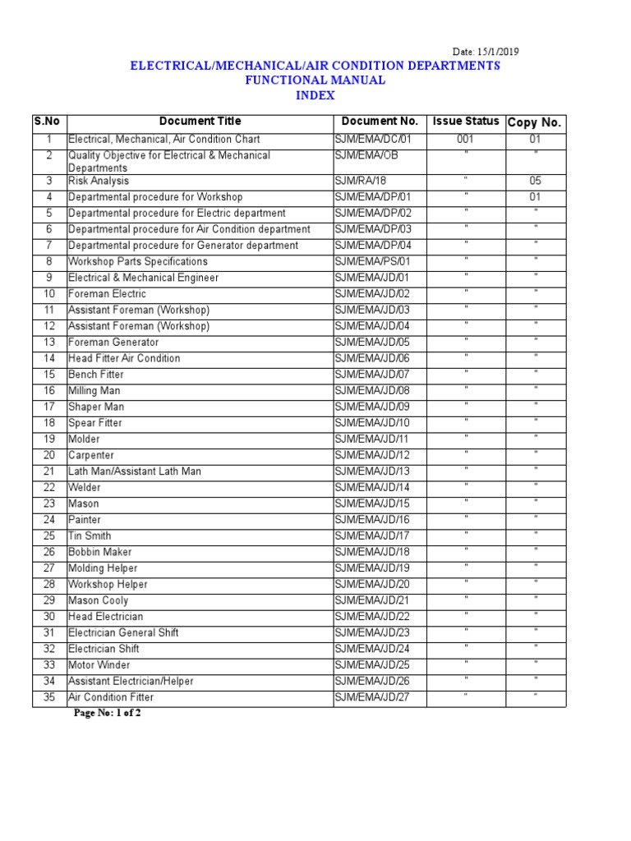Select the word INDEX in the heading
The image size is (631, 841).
point(315,95)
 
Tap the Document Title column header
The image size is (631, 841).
point(200,122)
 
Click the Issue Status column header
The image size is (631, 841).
point(466,122)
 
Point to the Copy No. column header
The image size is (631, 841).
point(534,122)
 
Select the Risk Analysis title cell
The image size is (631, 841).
point(99,181)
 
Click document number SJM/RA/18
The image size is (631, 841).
point(361,181)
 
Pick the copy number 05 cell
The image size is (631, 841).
point(535,181)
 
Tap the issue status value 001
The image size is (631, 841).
point(466,140)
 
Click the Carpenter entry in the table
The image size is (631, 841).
point(91,455)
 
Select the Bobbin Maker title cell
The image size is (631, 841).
point(99,552)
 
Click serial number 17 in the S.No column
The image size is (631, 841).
point(49,407)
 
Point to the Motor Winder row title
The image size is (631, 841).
point(99,665)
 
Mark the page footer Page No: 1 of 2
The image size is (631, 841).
point(108,713)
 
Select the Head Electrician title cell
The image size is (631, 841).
point(105,617)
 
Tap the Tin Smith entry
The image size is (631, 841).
point(90,536)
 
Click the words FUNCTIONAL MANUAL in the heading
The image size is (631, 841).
point(315,80)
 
